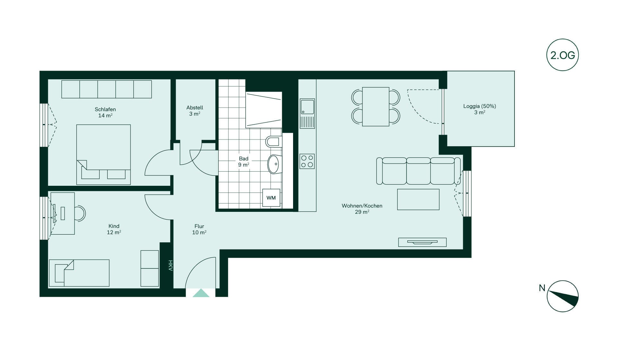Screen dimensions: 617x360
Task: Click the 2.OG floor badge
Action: point(562,55)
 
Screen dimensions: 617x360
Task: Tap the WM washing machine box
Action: point(271,198)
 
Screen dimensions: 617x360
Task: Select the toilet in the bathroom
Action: point(274,141)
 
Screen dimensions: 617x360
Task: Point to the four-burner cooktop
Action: point(307,161)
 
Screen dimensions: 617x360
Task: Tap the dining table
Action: point(376,106)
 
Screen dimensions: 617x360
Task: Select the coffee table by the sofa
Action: point(418,199)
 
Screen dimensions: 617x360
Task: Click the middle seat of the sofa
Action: point(418,171)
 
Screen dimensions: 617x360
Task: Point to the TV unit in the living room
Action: point(422,242)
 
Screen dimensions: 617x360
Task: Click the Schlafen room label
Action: point(105,109)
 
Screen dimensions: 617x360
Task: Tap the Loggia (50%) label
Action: point(479,106)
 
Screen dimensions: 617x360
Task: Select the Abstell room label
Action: point(195,108)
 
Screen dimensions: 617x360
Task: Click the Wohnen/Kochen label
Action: point(362,206)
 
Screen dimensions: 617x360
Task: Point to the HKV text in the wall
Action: point(170,265)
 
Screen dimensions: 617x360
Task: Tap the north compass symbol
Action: point(562,296)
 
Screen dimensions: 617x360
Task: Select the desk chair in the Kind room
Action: point(80,213)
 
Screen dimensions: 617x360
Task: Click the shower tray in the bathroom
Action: point(264,110)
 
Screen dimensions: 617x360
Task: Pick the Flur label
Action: point(199,226)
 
